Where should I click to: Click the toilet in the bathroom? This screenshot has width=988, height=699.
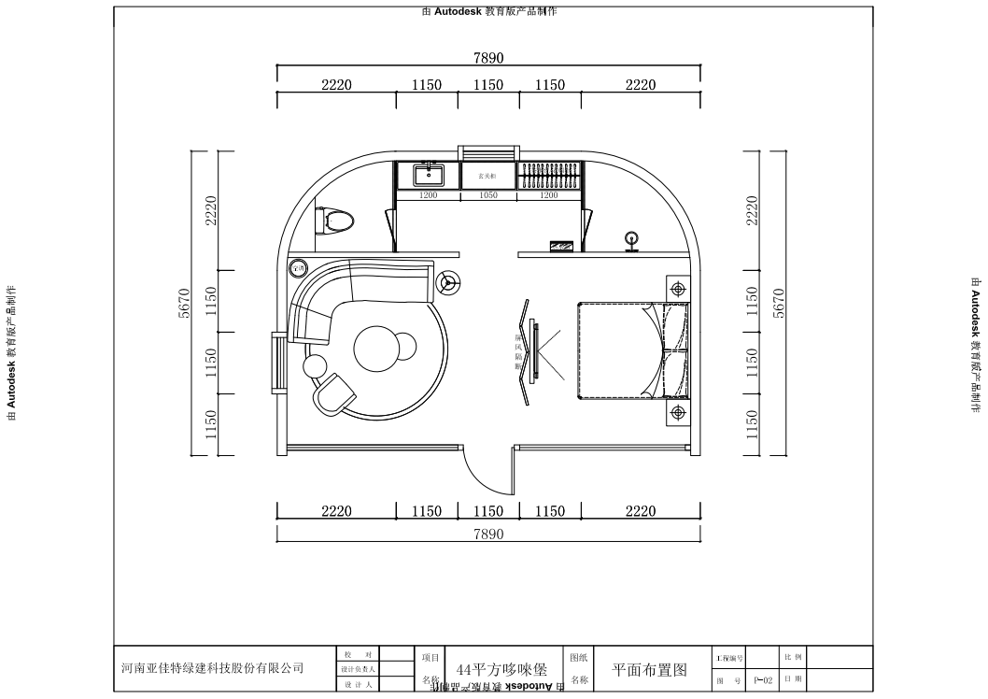pos(337,221)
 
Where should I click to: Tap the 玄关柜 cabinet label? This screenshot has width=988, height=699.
pos(487,175)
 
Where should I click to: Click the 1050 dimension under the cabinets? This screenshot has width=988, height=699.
pos(487,195)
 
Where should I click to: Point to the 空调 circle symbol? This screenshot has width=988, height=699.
pos(299,267)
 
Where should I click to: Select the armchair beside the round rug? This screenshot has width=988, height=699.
pos(333,396)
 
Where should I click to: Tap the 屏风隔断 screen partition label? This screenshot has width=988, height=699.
pos(518,352)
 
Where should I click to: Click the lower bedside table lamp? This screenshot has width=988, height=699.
pos(677,411)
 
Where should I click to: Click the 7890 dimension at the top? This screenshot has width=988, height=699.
pos(488,58)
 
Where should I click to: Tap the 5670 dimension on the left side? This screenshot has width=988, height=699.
pos(185,303)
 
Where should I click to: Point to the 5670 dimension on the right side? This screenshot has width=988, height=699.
pos(780,303)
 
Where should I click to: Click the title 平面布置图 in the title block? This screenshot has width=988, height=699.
pos(649,670)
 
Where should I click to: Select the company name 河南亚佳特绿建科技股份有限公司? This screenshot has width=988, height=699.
pos(213,668)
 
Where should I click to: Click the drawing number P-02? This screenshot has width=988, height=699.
pos(763,682)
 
